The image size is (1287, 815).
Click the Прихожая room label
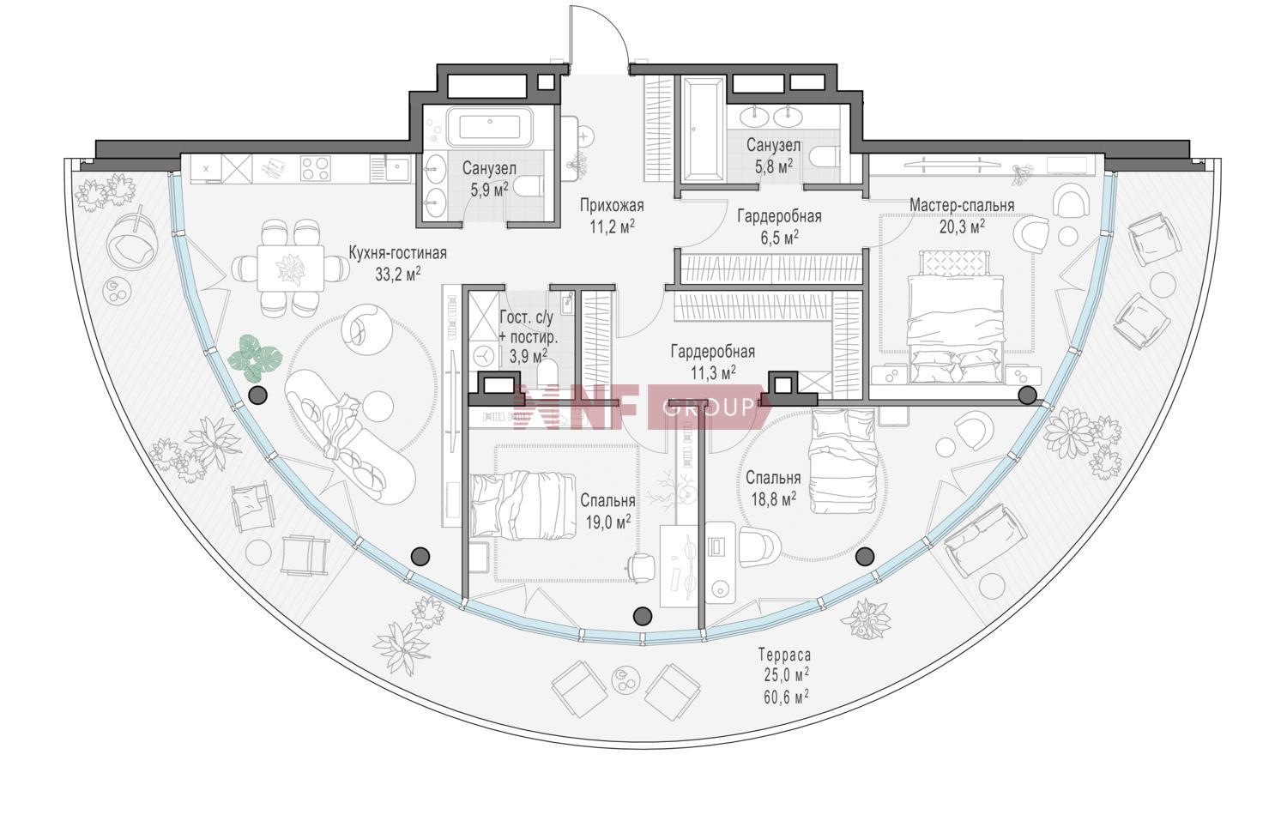pos(612,205)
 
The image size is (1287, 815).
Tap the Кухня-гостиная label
pos(397,253)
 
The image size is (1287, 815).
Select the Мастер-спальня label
pos(962,205)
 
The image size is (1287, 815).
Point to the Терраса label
pos(785,655)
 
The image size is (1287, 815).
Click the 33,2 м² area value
pos(398,274)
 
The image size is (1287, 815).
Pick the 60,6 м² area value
pos(786,697)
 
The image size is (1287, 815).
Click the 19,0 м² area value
pos(607,522)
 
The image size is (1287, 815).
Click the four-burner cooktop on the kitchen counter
pos(316,168)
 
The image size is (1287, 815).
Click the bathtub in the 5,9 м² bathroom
pos(490,127)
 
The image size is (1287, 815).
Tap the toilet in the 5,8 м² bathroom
pos(824,156)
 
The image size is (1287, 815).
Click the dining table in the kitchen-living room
pos(291,269)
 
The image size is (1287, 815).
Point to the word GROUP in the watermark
pos(708,407)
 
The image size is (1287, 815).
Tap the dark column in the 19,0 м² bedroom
pos(643,616)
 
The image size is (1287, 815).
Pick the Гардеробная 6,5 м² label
pos(779,226)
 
